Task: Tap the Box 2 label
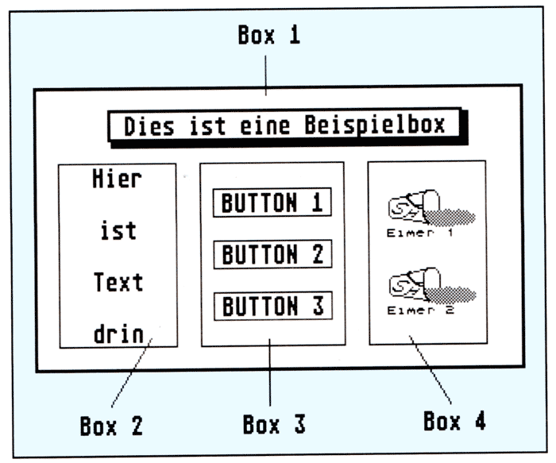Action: (111, 426)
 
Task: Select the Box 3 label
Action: (274, 424)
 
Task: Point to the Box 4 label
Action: (454, 421)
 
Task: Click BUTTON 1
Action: (272, 203)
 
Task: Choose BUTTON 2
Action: (272, 255)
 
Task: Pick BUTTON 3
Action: (272, 307)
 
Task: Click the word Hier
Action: (117, 179)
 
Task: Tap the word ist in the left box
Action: (118, 231)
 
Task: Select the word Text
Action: (118, 283)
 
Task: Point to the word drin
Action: (118, 334)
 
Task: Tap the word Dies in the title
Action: (149, 125)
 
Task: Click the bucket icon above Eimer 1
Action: (429, 207)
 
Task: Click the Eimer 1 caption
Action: (420, 233)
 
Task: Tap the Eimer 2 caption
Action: (420, 311)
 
